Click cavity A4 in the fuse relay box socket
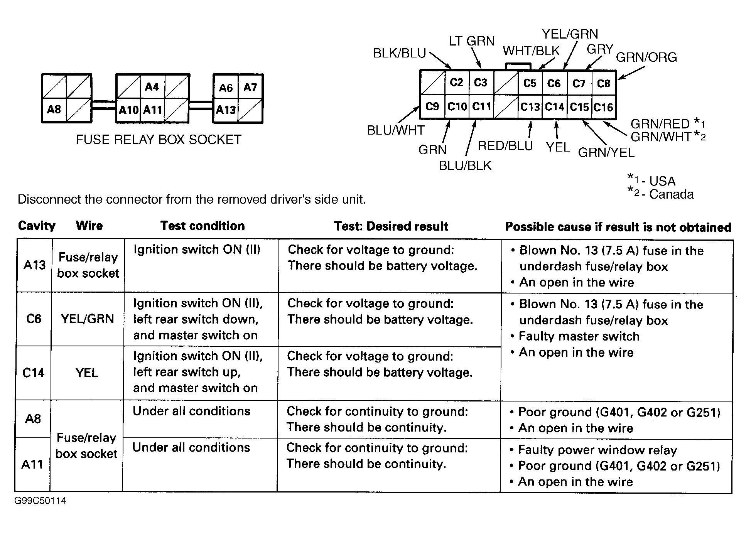point(152,87)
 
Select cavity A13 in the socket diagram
point(226,110)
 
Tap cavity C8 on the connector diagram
point(604,83)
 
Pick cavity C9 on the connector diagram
point(432,106)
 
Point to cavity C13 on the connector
point(530,107)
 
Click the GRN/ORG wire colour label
point(646,57)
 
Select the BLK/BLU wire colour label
point(399,53)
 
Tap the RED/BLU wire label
point(505,146)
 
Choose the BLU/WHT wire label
point(395,130)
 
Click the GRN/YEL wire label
point(606,153)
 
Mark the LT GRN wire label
point(471,41)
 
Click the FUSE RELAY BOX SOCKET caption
point(158,139)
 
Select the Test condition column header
point(203,226)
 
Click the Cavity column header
point(37,226)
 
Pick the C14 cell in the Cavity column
point(34,373)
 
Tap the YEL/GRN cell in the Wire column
point(88,319)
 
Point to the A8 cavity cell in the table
point(33,419)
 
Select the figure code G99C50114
point(41,501)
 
